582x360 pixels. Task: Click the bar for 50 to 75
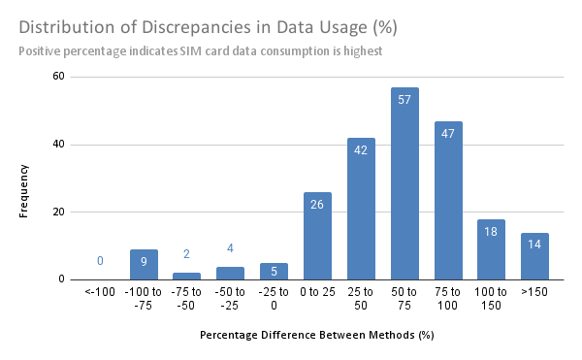point(404,184)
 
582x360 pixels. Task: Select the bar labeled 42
point(361,209)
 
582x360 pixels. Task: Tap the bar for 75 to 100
point(447,201)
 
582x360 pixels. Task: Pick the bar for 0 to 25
point(317,236)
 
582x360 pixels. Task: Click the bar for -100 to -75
point(145,265)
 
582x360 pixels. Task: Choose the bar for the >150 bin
point(533,256)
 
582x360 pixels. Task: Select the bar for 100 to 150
point(491,249)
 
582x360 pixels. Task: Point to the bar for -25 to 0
point(275,272)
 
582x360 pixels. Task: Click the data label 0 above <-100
point(100,261)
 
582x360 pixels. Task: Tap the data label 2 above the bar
point(186,254)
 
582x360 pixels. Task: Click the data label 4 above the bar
point(231,247)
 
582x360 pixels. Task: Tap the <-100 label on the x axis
point(101,291)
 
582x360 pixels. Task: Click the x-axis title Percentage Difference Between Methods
point(316,335)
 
